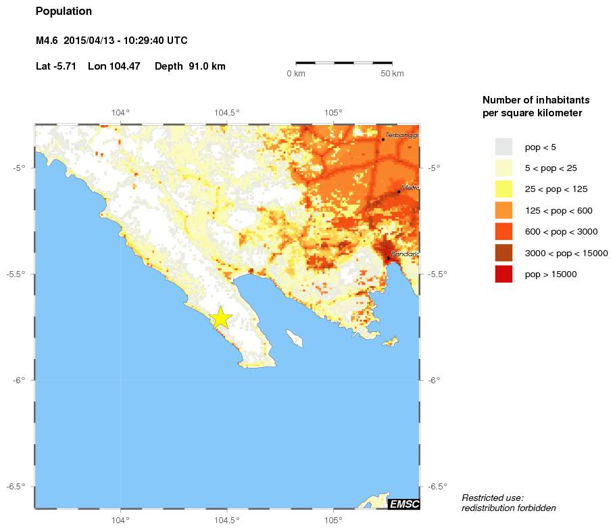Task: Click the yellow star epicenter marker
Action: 220,318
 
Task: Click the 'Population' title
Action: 64,11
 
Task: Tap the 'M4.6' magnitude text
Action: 47,41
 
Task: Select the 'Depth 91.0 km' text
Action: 190,66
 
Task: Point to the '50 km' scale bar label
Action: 393,73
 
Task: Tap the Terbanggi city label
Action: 402,135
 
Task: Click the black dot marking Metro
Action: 399,191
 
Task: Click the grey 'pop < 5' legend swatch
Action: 503,147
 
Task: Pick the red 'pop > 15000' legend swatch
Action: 503,274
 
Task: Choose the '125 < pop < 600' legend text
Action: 558,211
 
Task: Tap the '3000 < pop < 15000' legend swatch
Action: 503,253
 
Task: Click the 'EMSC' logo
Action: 404,504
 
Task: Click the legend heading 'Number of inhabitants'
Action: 531,99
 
